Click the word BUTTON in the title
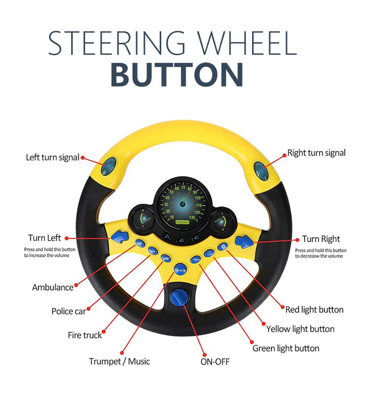tap(176, 74)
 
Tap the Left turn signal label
tap(53, 158)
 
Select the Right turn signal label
tap(316, 153)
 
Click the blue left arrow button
tap(119, 238)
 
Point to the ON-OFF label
tap(215, 362)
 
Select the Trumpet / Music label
tap(119, 362)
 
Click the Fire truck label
tap(85, 335)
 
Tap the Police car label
tap(69, 311)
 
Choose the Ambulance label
tap(53, 287)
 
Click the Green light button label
tap(286, 349)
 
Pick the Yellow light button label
tap(300, 329)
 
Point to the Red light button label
tap(314, 310)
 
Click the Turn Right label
tap(321, 239)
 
